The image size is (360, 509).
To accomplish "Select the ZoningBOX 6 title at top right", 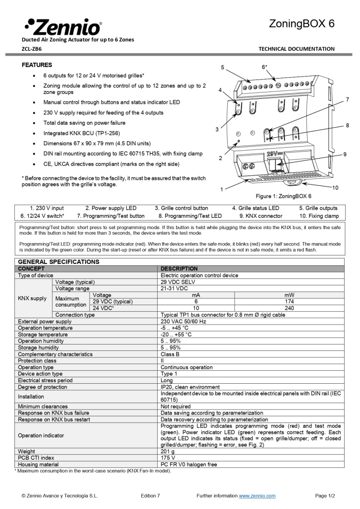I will (x=302, y=24).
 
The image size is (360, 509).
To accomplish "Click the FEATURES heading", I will (x=37, y=65).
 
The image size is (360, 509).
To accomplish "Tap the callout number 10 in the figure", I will (x=335, y=187).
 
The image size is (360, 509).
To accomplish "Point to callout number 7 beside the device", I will (x=347, y=99).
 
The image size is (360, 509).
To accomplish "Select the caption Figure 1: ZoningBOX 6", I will (x=283, y=196).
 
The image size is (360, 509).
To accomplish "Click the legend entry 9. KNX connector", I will (x=261, y=216).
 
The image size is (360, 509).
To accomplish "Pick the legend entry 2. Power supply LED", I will (x=110, y=208).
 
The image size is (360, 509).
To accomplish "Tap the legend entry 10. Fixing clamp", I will (x=319, y=216).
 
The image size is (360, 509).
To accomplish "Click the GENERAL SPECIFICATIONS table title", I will (x=59, y=261).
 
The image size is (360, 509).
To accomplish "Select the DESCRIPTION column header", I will (x=179, y=268).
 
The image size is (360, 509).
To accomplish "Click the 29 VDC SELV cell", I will (x=178, y=282).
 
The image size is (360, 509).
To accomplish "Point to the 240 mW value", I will (x=289, y=308).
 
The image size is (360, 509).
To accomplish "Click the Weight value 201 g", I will (x=168, y=451).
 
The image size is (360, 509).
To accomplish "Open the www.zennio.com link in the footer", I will (x=257, y=496).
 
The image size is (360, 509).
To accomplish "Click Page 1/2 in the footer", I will (x=325, y=496).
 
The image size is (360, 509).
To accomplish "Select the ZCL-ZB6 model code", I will (x=32, y=49).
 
